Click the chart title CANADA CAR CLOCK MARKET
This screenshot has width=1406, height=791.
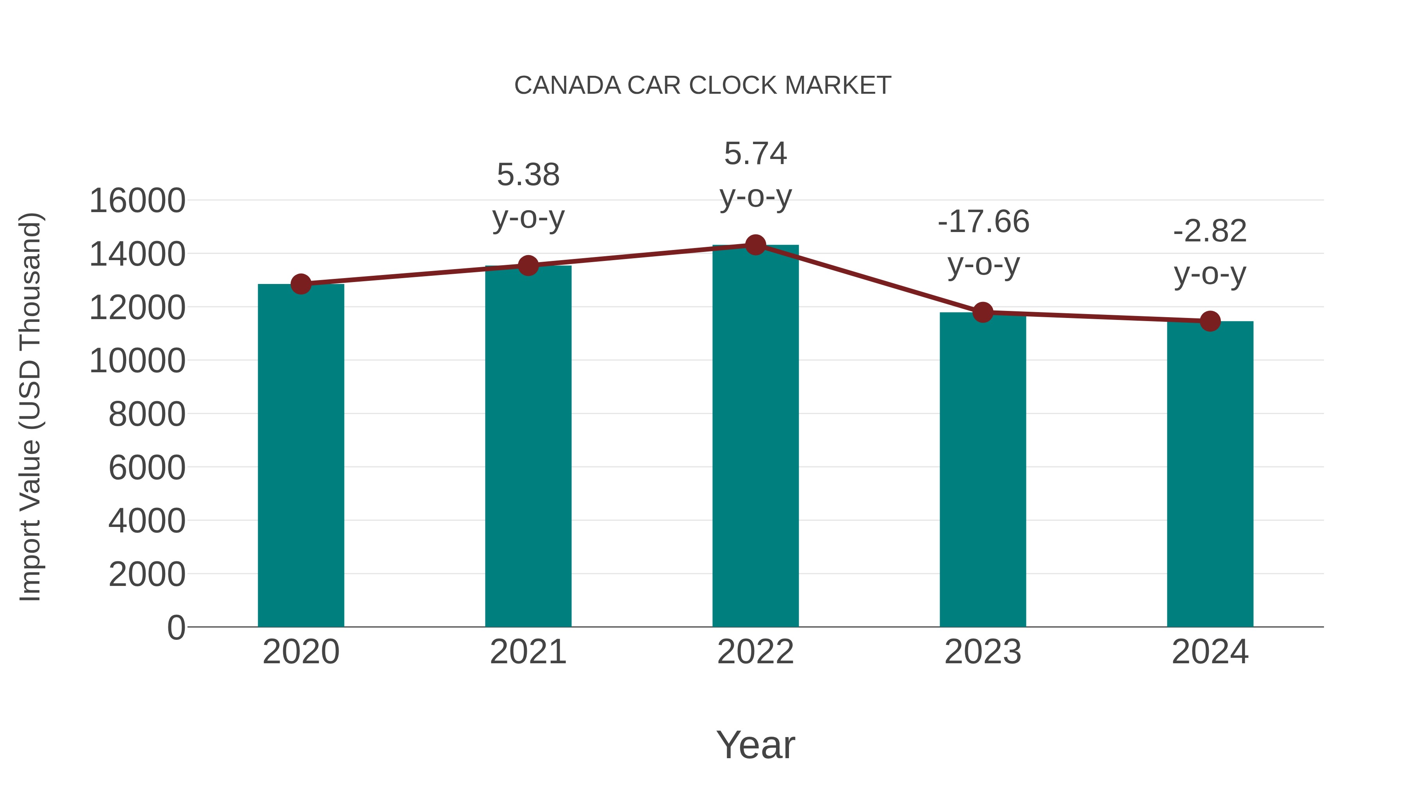(x=703, y=86)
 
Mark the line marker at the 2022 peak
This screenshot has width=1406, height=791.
(x=755, y=245)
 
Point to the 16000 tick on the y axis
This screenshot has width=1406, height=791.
(x=137, y=200)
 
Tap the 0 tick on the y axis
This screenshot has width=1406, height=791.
(x=176, y=627)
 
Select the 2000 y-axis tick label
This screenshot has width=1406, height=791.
(x=147, y=574)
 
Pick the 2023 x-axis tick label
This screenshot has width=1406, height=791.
(x=983, y=652)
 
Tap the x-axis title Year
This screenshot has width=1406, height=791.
(x=755, y=745)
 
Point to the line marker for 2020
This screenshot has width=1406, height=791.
(x=301, y=284)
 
